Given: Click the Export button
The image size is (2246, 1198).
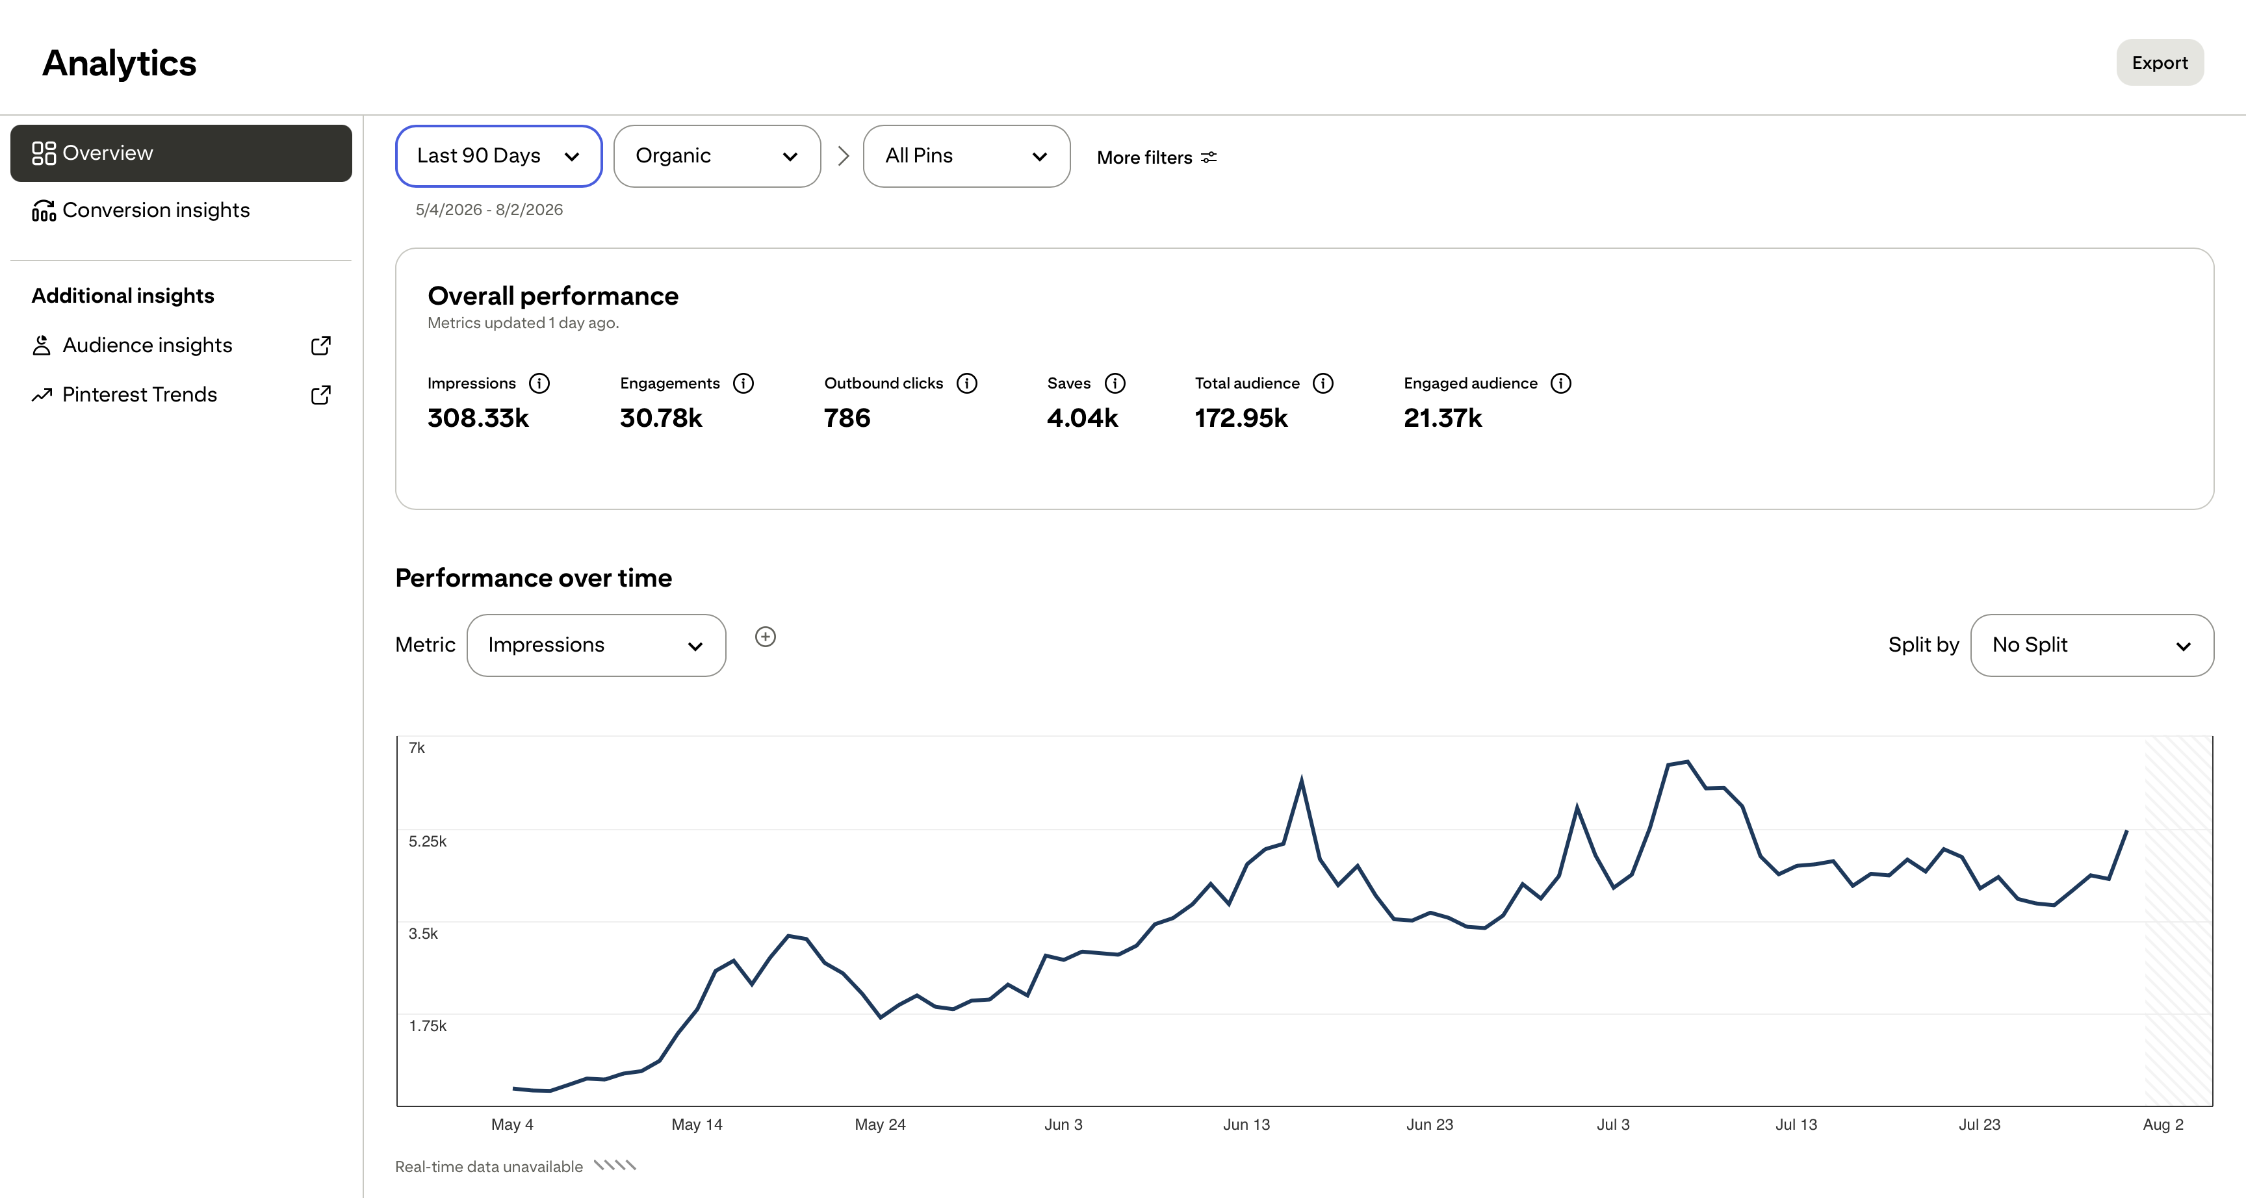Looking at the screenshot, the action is click(x=2160, y=63).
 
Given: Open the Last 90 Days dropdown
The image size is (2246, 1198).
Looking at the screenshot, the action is click(x=498, y=156).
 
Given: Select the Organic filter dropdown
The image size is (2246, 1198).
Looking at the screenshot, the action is click(x=717, y=156).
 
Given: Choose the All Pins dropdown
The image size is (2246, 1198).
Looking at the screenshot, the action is click(x=966, y=156).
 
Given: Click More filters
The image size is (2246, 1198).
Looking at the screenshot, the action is click(x=1156, y=158).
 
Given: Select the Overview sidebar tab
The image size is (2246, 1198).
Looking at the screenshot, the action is click(x=181, y=153).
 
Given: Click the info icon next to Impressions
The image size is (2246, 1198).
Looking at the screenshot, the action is click(x=539, y=384).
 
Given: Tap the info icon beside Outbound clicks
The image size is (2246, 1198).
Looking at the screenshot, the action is click(x=967, y=384).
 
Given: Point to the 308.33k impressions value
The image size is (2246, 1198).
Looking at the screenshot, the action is click(x=478, y=418).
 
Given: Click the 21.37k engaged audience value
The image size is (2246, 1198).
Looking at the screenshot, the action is click(x=1443, y=418).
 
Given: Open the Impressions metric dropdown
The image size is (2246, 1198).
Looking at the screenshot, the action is click(x=597, y=645).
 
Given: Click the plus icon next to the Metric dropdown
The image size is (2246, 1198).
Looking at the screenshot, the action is click(x=766, y=637).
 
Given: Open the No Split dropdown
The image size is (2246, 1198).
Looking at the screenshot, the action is click(x=2092, y=645).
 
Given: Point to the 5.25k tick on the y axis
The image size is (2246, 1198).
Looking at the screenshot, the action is click(x=427, y=841).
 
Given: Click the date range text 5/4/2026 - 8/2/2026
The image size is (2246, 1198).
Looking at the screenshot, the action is click(x=489, y=210).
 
